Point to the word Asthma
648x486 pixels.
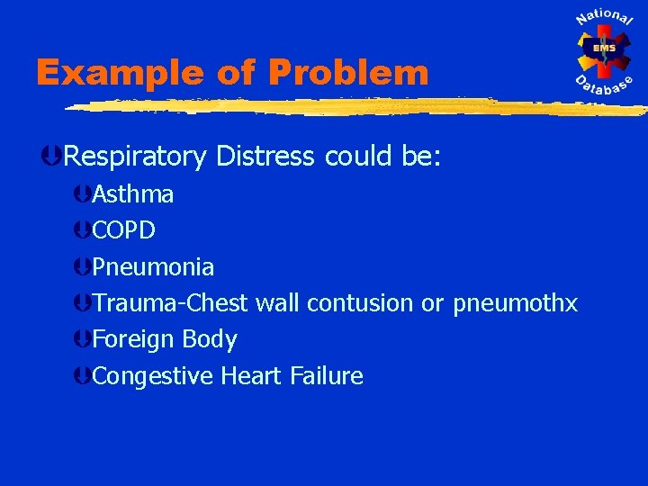click(x=133, y=194)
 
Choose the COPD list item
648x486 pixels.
click(x=124, y=230)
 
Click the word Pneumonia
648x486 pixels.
click(x=153, y=267)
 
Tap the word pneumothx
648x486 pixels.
click(x=516, y=303)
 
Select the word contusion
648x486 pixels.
click(x=361, y=303)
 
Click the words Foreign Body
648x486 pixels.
click(x=165, y=339)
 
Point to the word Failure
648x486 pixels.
click(x=327, y=376)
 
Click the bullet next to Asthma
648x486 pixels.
click(x=83, y=194)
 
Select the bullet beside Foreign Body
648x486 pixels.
click(x=83, y=340)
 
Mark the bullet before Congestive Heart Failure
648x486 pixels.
click(x=83, y=376)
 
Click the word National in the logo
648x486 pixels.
click(x=604, y=20)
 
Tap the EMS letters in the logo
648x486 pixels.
click(x=604, y=49)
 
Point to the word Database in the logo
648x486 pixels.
click(x=605, y=87)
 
